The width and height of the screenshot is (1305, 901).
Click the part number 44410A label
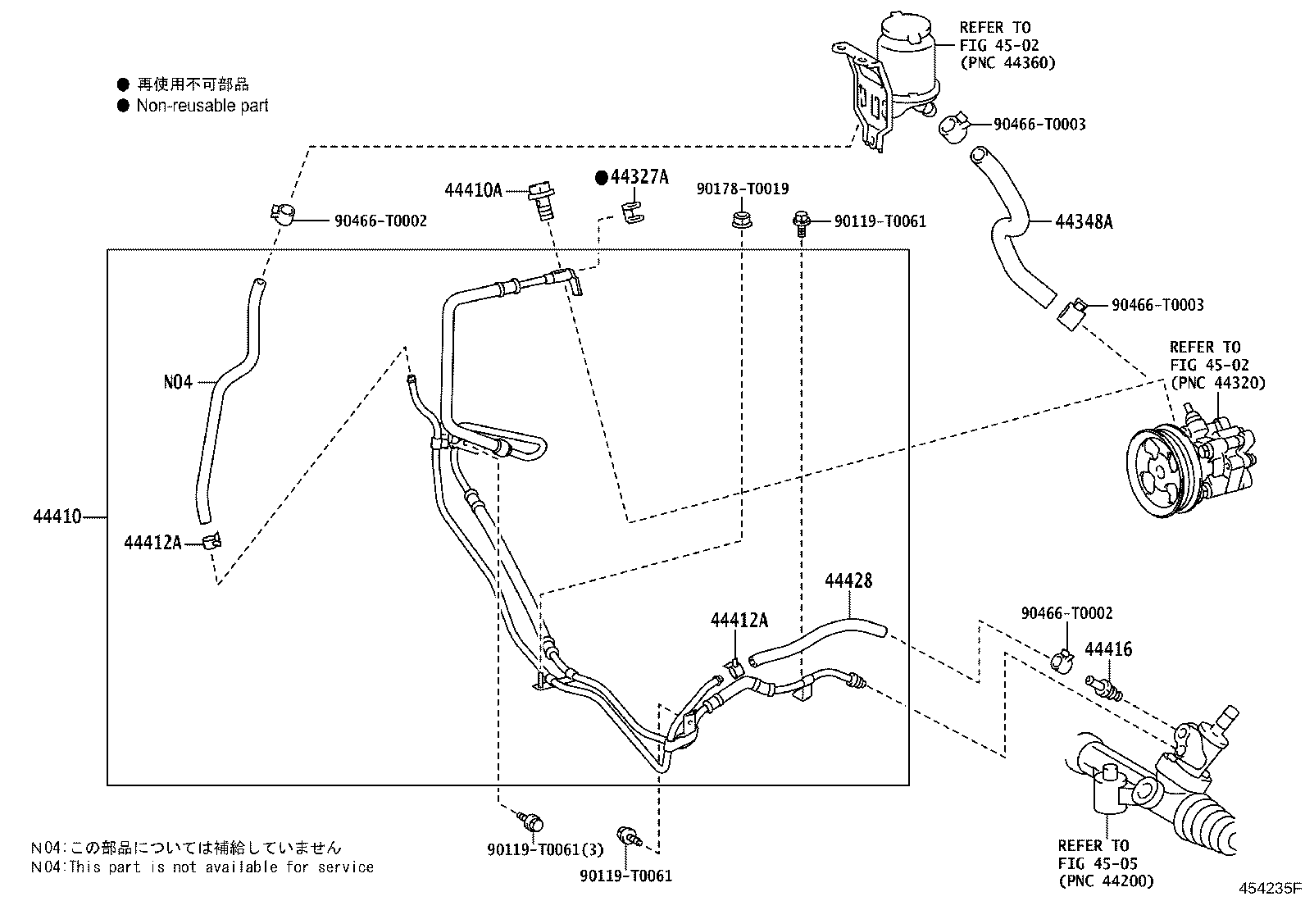tap(473, 190)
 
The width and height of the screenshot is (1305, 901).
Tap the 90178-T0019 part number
tap(743, 189)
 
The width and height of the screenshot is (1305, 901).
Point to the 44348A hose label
tap(1084, 221)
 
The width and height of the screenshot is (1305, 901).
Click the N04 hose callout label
tap(178, 382)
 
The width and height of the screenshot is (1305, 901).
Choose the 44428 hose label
tap(849, 580)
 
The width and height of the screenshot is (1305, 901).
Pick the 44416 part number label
tap(1108, 649)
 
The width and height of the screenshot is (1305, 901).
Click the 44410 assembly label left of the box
tap(57, 516)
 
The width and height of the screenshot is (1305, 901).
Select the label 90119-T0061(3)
tap(545, 849)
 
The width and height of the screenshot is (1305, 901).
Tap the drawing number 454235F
tap(1270, 888)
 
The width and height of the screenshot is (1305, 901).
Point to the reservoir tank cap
tap(905, 27)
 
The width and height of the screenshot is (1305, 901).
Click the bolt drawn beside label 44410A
tap(542, 202)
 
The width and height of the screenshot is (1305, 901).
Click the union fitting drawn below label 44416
tap(1103, 689)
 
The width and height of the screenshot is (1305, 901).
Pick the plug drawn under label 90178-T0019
tap(741, 221)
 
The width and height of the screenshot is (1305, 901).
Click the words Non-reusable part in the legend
tap(202, 106)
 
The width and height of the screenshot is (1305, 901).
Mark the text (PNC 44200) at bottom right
tap(1106, 881)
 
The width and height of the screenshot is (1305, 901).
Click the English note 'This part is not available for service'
tap(221, 867)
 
